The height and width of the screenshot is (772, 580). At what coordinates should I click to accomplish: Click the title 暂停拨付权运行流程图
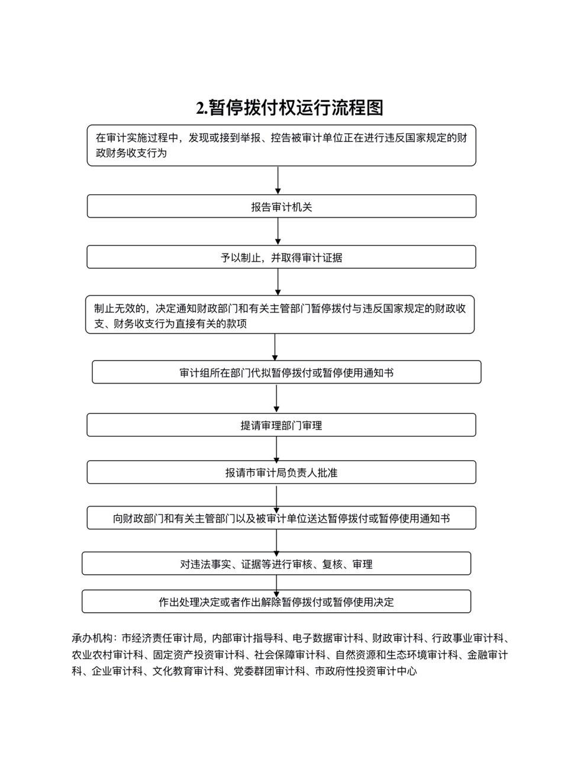[296, 108]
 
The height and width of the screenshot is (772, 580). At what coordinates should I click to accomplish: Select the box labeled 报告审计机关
[282, 206]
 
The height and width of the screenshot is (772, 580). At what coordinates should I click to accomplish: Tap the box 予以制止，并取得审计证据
[282, 257]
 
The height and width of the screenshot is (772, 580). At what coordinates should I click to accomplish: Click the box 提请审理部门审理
[282, 425]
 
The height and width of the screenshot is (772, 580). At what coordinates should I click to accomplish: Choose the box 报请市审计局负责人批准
[282, 472]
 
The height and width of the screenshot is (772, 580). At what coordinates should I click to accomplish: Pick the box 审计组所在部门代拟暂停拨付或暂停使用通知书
[286, 372]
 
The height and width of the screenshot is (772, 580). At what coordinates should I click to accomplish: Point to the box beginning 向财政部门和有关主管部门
[282, 517]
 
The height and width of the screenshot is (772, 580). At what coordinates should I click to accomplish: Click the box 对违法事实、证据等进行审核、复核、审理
[276, 564]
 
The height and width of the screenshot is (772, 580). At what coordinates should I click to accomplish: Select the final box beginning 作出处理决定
[276, 601]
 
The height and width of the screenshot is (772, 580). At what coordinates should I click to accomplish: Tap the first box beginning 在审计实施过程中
[282, 145]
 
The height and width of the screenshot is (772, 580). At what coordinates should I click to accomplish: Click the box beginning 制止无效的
[280, 314]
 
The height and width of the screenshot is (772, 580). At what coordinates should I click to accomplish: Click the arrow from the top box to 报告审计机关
[278, 180]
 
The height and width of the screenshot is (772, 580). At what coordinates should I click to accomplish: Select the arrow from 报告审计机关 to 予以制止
[278, 231]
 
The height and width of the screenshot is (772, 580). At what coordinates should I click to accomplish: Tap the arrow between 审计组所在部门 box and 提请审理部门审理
[276, 398]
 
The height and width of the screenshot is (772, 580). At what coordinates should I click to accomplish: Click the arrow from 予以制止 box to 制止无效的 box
[278, 282]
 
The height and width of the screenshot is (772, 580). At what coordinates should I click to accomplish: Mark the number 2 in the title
[200, 108]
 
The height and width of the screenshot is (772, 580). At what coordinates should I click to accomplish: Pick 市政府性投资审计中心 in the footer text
[366, 671]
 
